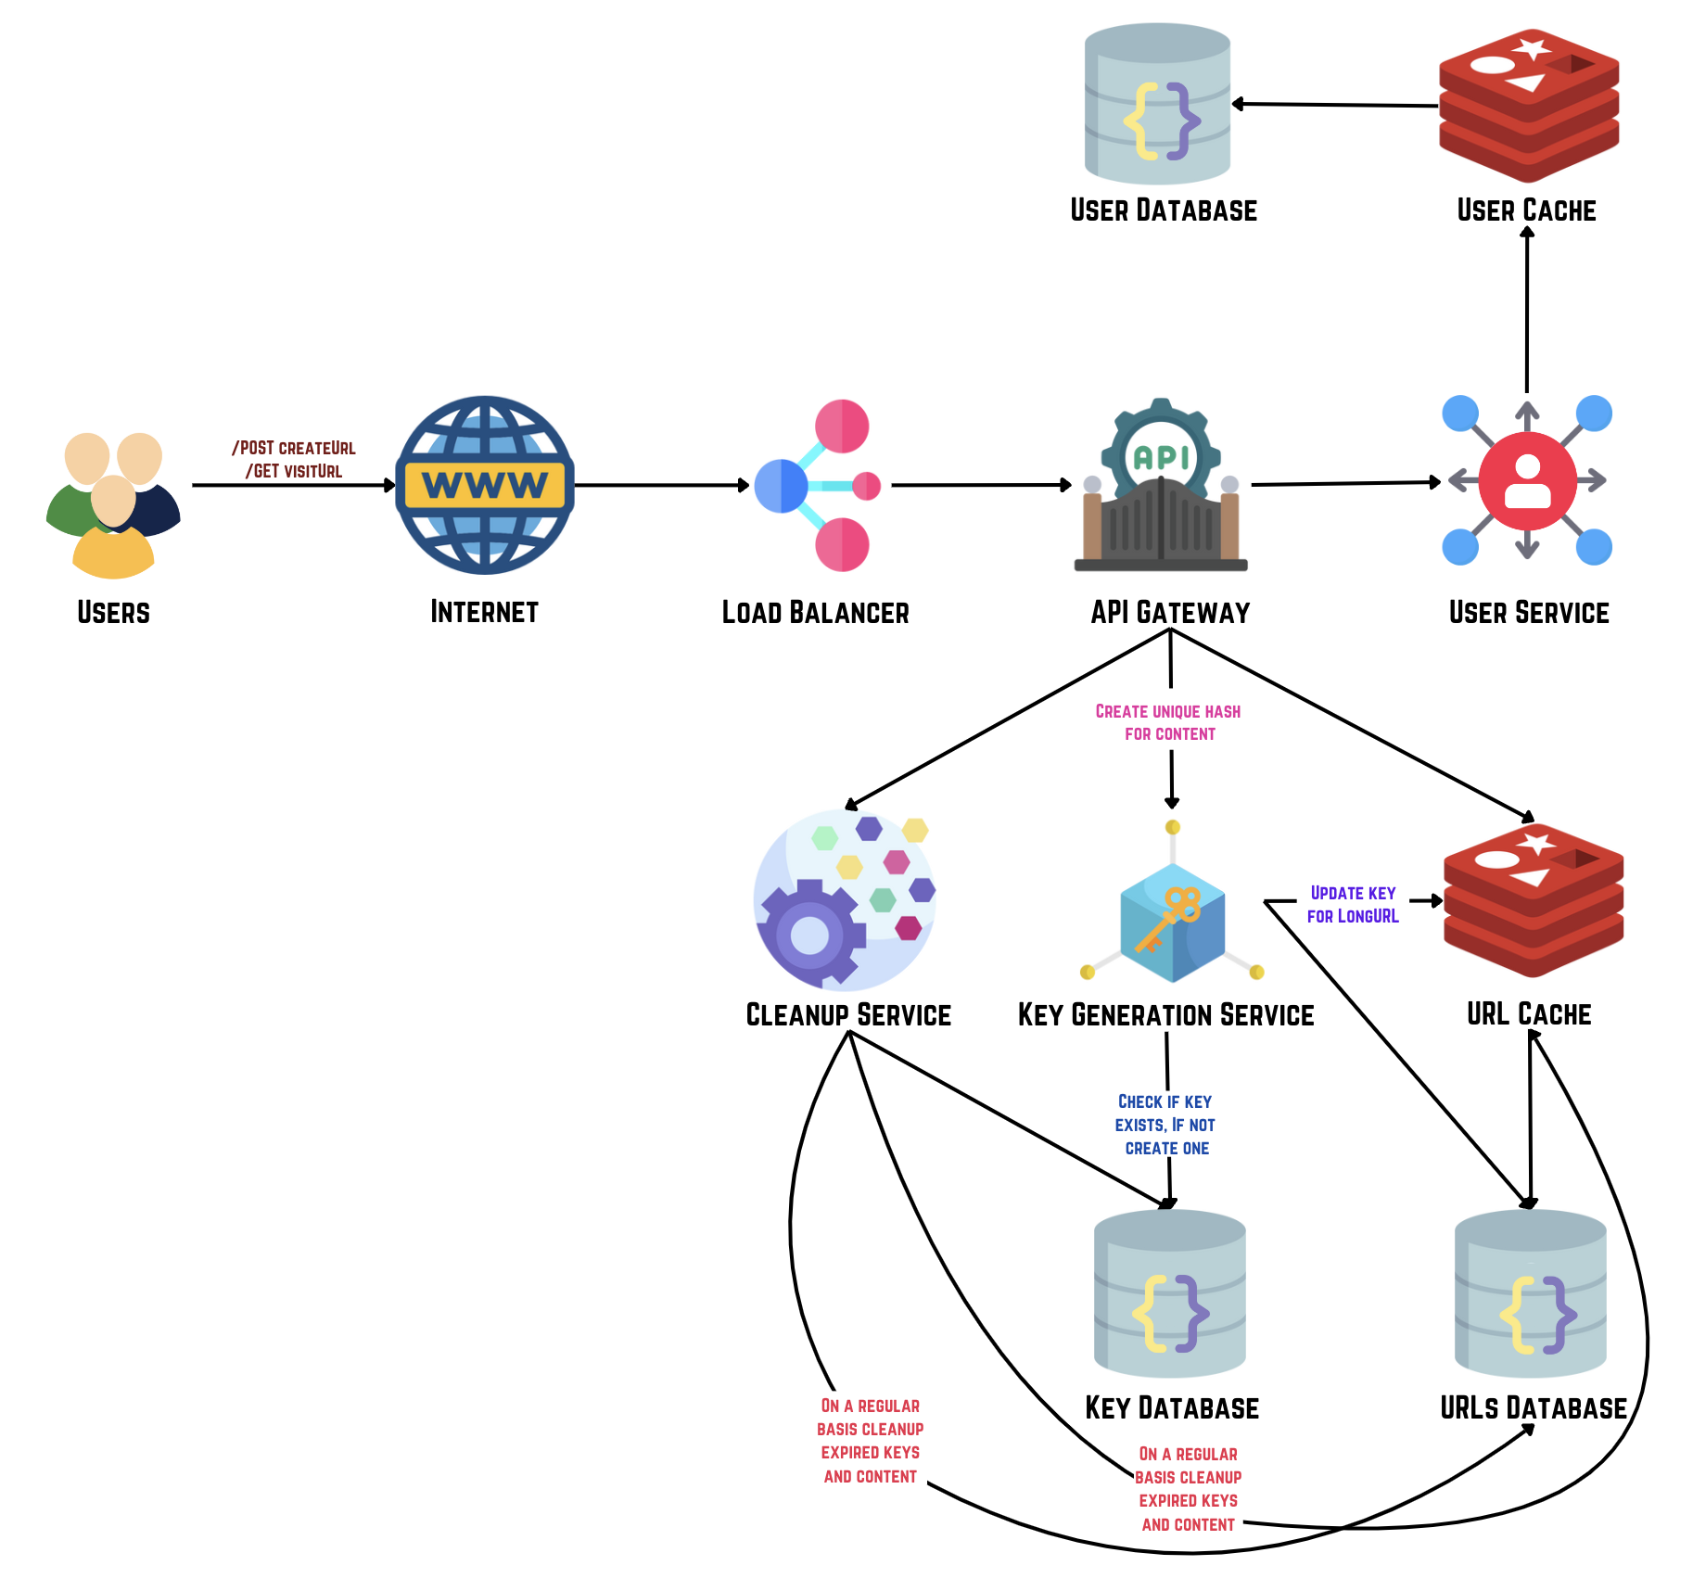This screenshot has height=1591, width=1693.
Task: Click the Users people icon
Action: pos(113,505)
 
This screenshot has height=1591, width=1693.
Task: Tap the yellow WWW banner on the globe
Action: pos(485,485)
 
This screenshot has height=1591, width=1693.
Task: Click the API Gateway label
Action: pos(1170,612)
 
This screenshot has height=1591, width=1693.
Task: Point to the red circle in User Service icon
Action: pos(1527,480)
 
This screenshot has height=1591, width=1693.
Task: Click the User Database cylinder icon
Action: pos(1157,105)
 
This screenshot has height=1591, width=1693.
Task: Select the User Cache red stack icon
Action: pos(1528,105)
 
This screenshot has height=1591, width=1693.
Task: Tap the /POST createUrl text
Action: pos(294,448)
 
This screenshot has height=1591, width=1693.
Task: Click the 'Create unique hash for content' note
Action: pos(1168,722)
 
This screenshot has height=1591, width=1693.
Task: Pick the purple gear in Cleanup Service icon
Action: pos(809,935)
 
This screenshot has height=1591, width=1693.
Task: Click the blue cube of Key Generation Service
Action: pos(1172,923)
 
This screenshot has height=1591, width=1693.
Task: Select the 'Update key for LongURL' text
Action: pos(1353,904)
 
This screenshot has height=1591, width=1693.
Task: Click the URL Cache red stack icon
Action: pos(1533,900)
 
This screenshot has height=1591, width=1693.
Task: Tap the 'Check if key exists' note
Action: pos(1165,1125)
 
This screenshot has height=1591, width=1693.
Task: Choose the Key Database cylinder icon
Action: pos(1169,1293)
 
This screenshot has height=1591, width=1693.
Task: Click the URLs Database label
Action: pos(1533,1408)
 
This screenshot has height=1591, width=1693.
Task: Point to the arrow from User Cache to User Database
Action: pos(1335,105)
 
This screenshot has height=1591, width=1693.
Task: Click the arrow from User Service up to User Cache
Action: pos(1527,311)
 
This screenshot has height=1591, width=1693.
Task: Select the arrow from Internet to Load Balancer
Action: pos(661,485)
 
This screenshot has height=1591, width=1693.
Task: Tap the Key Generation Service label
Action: pos(1165,1015)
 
